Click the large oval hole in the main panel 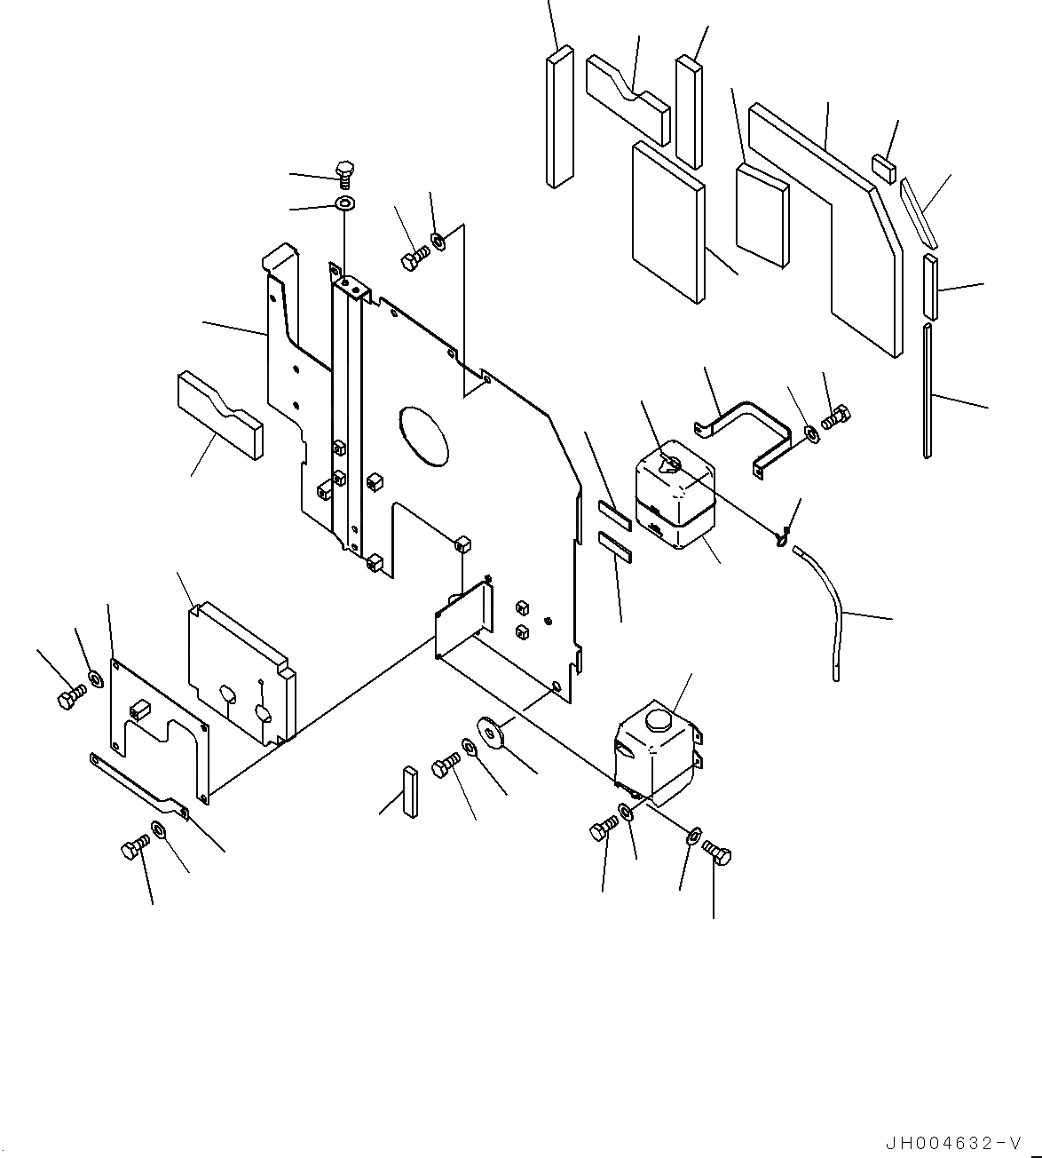[x=425, y=436]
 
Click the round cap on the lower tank [x=659, y=719]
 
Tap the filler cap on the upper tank [x=670, y=464]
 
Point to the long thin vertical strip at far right [x=928, y=391]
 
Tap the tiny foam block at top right [x=884, y=167]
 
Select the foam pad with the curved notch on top [x=628, y=96]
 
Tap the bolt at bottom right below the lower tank [x=717, y=854]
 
